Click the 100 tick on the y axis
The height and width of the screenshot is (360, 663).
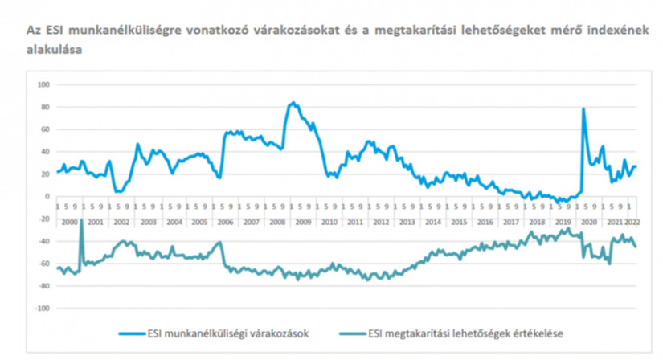pyautogui.click(x=44, y=84)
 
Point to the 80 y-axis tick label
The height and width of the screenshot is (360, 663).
pyautogui.click(x=46, y=107)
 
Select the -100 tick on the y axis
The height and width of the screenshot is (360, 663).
pyautogui.click(x=43, y=309)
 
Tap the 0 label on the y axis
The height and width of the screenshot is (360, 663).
pyautogui.click(x=48, y=196)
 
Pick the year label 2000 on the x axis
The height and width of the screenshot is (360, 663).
pyautogui.click(x=68, y=220)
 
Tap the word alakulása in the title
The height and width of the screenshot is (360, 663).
pyautogui.click(x=59, y=48)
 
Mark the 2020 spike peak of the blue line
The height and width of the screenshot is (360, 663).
pyautogui.click(x=583, y=108)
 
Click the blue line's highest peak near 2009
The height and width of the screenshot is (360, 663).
pyautogui.click(x=293, y=103)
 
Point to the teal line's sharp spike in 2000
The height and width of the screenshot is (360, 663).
pyautogui.click(x=81, y=219)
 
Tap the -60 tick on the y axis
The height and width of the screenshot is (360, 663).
pyautogui.click(x=44, y=264)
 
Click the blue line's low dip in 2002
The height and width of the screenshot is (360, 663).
pyautogui.click(x=118, y=191)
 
